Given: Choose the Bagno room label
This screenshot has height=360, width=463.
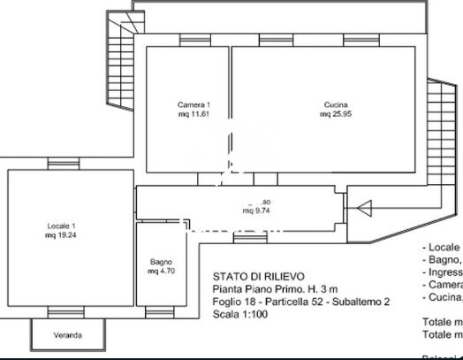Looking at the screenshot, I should tap(160, 262).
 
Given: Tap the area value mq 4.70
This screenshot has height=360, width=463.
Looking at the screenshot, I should tap(160, 272).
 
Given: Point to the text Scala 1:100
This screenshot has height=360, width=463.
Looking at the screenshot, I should tap(239, 313).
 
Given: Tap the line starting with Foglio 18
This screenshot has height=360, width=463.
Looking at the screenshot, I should tap(300, 301).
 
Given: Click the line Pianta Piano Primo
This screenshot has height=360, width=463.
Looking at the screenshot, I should tap(275, 288).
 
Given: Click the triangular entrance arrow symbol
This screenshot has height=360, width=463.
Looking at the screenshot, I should tap(363, 208).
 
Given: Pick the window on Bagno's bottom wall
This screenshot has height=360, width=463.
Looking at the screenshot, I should tap(160, 313).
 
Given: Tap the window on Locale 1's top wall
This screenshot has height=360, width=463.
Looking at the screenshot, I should tap(63, 164).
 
